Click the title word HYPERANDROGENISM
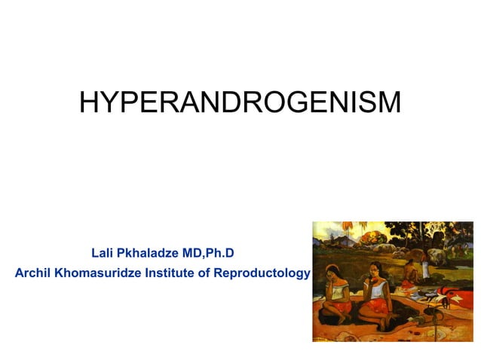pyautogui.click(x=240, y=103)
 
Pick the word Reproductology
pyautogui.click(x=262, y=273)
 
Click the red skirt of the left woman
pyautogui.click(x=341, y=307)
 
